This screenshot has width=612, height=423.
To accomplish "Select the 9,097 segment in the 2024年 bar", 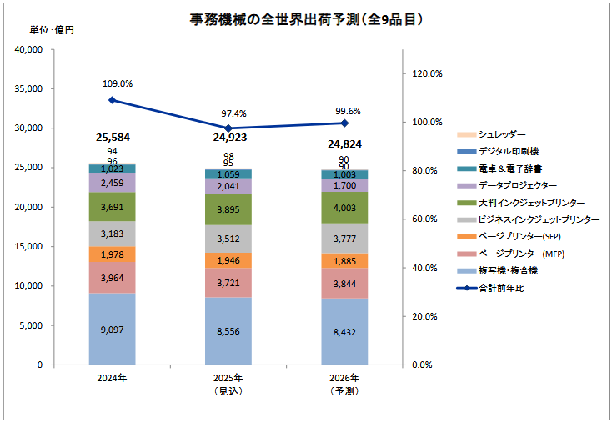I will click(112, 329).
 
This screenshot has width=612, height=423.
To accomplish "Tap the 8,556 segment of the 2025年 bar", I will click(228, 331).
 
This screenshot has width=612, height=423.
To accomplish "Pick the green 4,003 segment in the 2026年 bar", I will click(344, 207).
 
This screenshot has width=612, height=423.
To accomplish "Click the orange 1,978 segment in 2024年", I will click(112, 254).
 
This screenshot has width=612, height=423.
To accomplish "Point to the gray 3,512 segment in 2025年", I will click(228, 238).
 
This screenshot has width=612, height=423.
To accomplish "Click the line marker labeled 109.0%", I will click(112, 100).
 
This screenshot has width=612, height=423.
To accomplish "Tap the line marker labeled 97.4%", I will click(228, 128).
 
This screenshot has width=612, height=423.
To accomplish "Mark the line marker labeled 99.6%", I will click(344, 123).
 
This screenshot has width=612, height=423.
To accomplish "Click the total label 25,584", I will click(112, 137).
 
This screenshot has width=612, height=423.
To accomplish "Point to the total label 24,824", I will click(344, 144).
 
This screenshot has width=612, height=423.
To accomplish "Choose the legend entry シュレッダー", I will click(503, 134).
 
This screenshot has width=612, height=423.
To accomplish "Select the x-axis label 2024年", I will click(112, 378).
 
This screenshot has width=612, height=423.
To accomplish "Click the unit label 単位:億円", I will click(52, 31).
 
